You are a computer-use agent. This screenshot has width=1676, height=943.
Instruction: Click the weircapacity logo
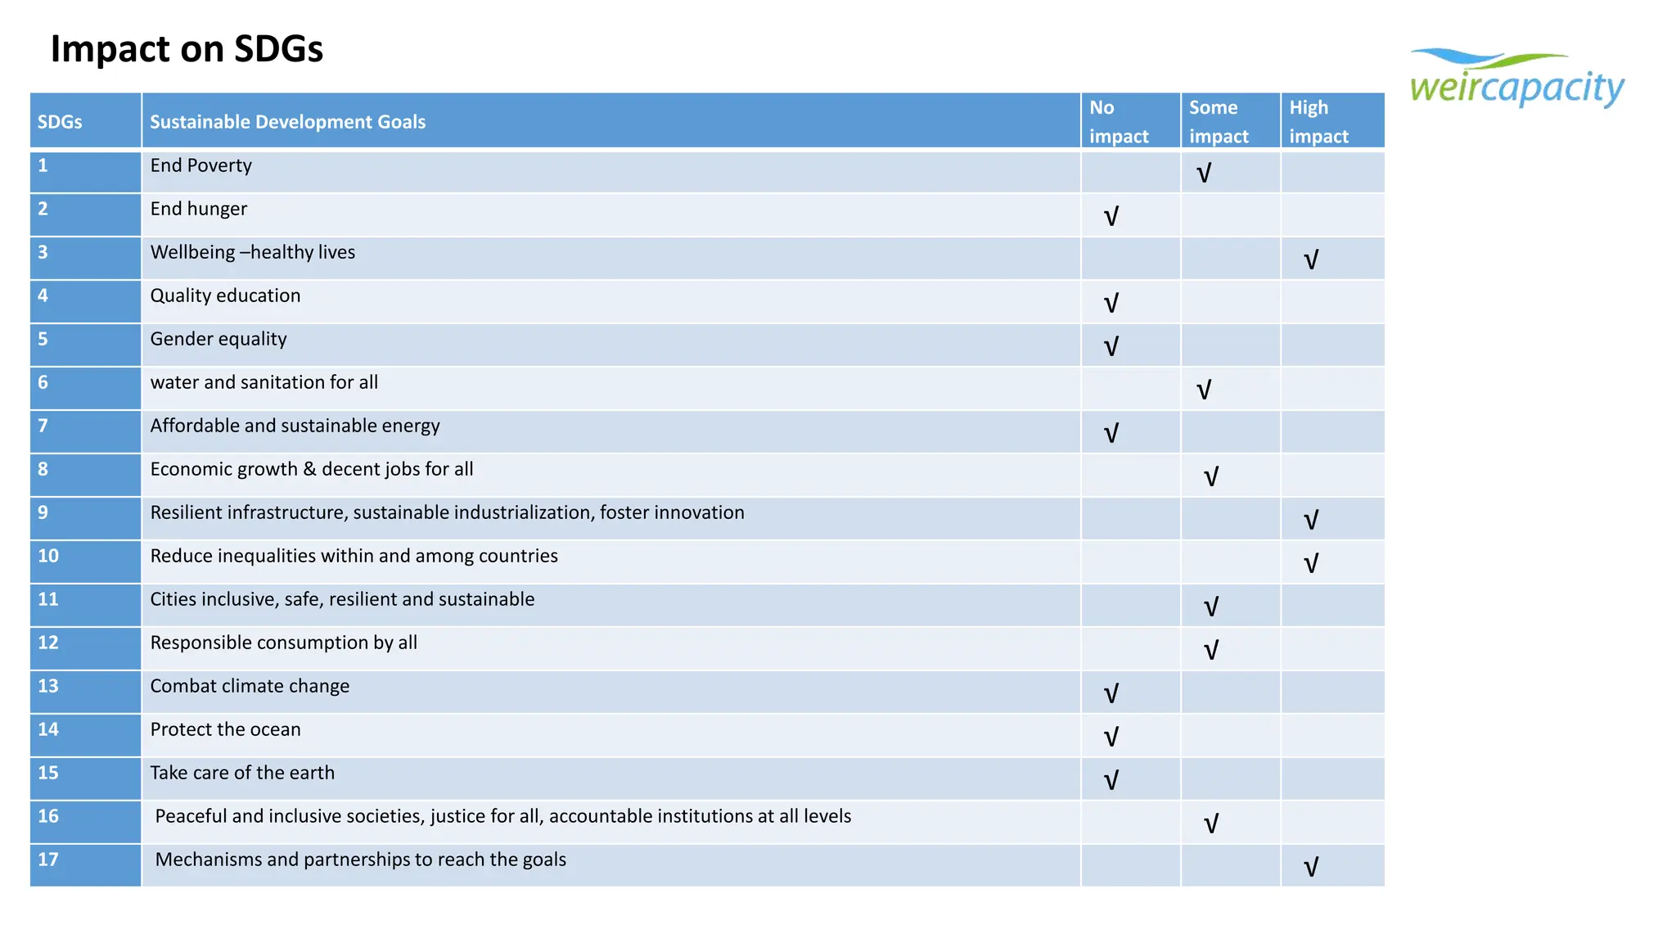click(x=1516, y=79)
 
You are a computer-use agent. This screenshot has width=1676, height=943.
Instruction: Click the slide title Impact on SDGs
click(x=187, y=49)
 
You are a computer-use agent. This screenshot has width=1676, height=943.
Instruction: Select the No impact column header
click(x=1119, y=121)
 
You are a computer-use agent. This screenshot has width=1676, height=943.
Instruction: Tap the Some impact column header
click(x=1219, y=121)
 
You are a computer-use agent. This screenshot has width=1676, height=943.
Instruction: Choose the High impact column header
click(x=1318, y=121)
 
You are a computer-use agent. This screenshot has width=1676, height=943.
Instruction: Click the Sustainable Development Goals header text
click(x=287, y=122)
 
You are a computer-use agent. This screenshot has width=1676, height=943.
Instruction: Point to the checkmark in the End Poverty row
click(x=1204, y=174)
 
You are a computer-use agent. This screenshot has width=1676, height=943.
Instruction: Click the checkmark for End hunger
click(x=1111, y=217)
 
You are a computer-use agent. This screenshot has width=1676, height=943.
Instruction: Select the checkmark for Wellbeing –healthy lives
click(x=1311, y=260)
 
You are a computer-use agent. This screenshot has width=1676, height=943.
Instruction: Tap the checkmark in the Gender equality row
click(x=1111, y=347)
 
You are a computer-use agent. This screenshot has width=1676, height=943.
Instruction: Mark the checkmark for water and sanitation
click(x=1204, y=390)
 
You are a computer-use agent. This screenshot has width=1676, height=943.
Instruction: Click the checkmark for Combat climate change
click(x=1111, y=694)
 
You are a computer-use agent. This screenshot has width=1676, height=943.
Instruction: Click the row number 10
click(x=48, y=556)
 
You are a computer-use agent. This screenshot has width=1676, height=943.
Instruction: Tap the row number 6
click(x=43, y=382)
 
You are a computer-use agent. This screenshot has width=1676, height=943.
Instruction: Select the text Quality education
click(x=225, y=296)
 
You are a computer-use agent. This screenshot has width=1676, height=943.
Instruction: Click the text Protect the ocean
click(x=225, y=729)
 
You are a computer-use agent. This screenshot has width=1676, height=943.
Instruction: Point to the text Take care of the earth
click(x=242, y=773)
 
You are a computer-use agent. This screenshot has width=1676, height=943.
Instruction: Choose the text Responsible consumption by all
click(x=283, y=643)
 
